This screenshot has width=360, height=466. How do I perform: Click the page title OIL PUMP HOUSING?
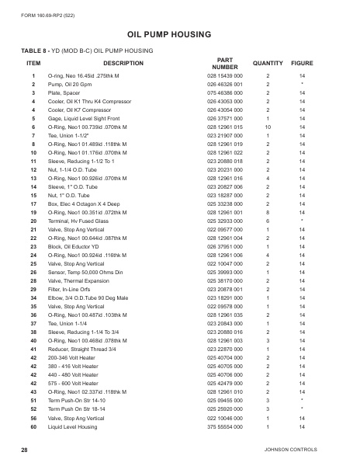point(180,33)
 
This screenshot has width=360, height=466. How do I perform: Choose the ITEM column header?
point(33,63)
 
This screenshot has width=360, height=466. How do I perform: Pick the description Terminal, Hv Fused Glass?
point(81,221)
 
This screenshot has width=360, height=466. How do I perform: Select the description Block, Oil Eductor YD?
point(78,245)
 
